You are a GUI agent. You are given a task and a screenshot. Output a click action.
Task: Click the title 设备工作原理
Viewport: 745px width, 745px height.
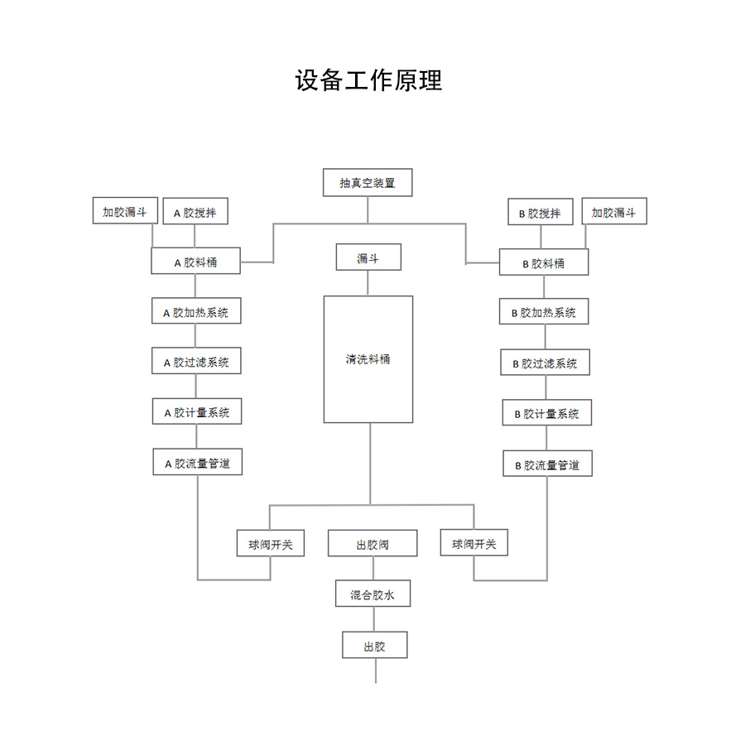point(369,80)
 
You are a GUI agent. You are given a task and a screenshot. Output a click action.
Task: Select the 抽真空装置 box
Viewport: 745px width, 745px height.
point(367,183)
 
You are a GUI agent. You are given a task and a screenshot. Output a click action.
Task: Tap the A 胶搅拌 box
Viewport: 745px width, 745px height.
point(195,212)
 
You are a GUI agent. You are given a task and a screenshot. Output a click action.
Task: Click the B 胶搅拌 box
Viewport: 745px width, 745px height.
point(540,213)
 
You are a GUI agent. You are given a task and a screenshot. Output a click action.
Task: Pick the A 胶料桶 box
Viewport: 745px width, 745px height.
point(195,262)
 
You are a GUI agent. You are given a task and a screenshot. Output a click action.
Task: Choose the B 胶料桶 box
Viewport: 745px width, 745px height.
point(544,263)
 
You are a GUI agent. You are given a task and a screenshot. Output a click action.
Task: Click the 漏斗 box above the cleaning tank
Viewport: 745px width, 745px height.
point(368,257)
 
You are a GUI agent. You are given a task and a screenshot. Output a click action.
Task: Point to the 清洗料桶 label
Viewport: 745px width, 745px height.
point(368,359)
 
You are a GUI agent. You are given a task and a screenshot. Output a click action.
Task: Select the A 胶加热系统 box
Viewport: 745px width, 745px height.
point(196,312)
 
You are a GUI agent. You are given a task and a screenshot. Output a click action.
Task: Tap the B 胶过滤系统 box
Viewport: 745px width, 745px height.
point(545,363)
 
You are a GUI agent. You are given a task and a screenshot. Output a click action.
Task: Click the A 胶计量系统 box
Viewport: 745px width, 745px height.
point(197,412)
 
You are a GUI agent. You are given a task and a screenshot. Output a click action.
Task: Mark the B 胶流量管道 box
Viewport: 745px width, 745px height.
point(547,464)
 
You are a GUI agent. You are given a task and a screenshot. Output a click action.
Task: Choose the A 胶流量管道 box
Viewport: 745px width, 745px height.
point(197,463)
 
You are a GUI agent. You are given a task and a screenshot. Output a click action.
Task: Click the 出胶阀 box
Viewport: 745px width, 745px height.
point(372,545)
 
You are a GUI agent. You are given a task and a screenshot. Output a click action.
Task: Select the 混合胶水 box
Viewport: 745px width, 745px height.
point(373,594)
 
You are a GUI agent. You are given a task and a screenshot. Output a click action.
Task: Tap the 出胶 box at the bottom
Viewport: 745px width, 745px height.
point(375,645)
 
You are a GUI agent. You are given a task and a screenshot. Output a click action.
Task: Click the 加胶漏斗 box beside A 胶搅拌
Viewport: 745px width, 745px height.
point(124,211)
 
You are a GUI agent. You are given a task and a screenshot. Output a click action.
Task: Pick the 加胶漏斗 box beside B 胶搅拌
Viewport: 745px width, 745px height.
point(613,211)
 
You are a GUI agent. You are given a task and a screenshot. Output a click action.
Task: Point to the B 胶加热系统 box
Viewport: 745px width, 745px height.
point(544,312)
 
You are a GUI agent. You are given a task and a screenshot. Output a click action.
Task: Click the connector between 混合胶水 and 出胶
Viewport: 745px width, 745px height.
point(374,619)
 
